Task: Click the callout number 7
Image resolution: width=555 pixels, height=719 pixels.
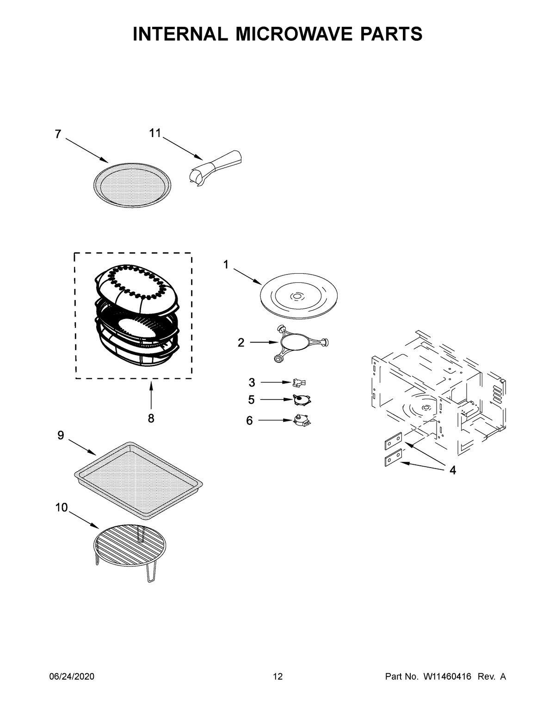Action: click(58, 134)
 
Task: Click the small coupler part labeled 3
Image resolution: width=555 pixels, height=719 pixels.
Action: click(299, 382)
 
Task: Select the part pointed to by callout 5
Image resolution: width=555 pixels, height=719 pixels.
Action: click(301, 399)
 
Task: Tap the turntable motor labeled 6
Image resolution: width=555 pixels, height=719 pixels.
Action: click(301, 419)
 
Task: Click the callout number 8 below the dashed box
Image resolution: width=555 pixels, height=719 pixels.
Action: click(151, 419)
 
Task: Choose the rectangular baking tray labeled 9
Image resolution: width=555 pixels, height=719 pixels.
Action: click(139, 479)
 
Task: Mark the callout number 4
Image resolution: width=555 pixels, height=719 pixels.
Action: click(452, 470)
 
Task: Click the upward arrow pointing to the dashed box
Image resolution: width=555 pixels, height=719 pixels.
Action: click(151, 394)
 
